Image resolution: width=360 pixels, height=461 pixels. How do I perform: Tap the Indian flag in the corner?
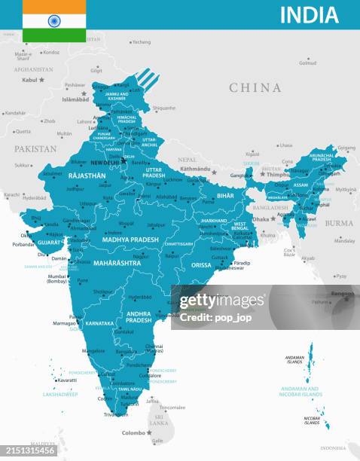tap(54, 20)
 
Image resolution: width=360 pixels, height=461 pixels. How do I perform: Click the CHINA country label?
tap(255, 88)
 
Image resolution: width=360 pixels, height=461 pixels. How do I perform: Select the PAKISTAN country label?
tap(35, 149)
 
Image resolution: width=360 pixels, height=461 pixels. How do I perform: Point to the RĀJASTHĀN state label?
tap(87, 176)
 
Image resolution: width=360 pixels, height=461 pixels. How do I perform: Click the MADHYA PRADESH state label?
tap(130, 240)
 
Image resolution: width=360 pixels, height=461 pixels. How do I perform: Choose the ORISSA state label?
tap(201, 265)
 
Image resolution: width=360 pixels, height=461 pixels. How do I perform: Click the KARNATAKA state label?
tap(100, 322)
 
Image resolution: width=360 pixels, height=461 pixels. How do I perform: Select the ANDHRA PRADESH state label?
tap(139, 316)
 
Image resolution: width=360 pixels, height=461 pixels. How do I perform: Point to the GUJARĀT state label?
tap(50, 243)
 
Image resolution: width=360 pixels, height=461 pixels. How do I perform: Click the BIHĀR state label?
tap(225, 195)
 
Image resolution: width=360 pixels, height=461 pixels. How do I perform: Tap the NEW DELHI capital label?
tap(105, 163)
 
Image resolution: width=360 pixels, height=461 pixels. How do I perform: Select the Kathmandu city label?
tap(195, 169)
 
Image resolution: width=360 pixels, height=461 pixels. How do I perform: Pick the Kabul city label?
tap(29, 80)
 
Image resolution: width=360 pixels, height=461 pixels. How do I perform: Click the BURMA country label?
tap(338, 223)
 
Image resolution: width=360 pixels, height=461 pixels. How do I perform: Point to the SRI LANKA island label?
tap(159, 420)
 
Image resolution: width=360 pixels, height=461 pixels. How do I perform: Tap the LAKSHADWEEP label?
tap(59, 394)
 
